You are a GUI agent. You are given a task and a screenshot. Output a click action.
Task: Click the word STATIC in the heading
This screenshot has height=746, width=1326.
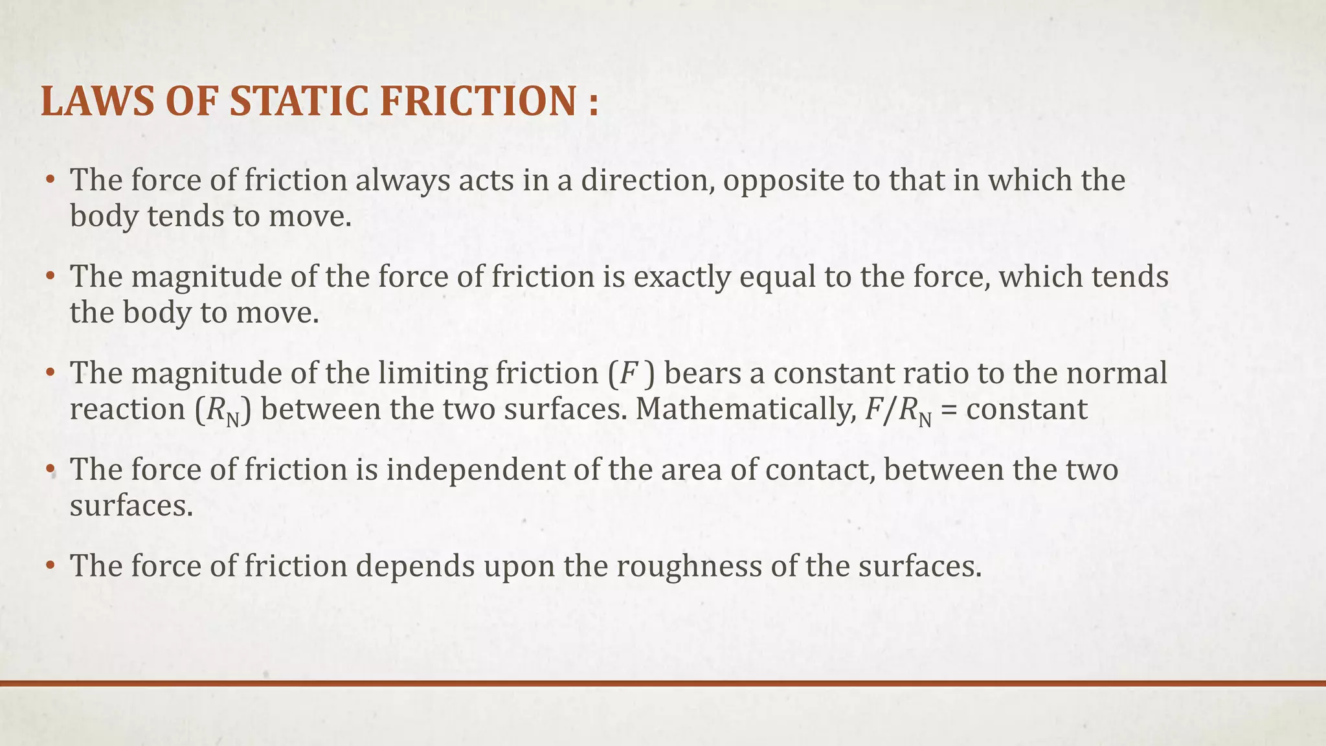(x=300, y=102)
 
